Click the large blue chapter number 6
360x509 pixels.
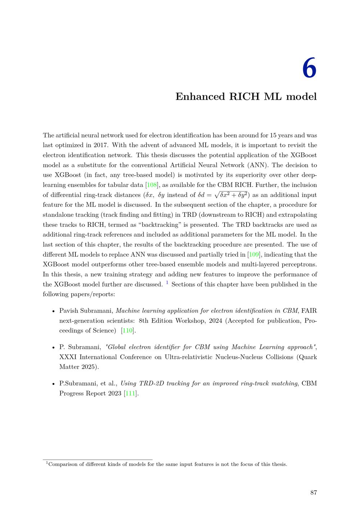pyautogui.click(x=309, y=68)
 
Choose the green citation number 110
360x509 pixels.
pyautogui.click(x=127, y=330)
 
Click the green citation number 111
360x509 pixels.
pyautogui.click(x=130, y=393)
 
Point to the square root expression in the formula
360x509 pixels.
pyautogui.click(x=230, y=194)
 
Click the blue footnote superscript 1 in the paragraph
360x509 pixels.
pyautogui.click(x=167, y=283)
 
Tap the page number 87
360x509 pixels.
pyautogui.click(x=313, y=492)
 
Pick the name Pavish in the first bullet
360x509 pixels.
pyautogui.click(x=68, y=311)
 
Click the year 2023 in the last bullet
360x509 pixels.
pyautogui.click(x=114, y=393)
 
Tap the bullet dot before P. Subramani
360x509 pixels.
pyautogui.click(x=53, y=347)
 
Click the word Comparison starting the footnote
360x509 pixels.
pyautogui.click(x=63, y=464)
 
